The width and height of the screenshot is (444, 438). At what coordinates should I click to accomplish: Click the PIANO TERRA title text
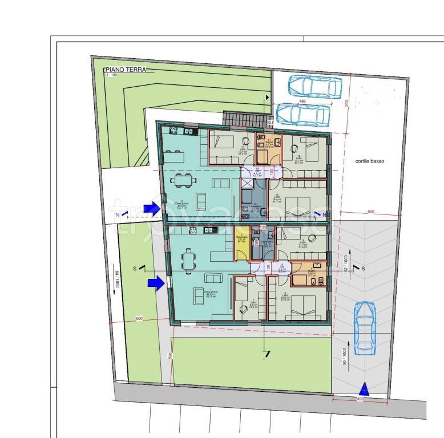(125, 70)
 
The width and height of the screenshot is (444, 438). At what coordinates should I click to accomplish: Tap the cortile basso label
(369, 161)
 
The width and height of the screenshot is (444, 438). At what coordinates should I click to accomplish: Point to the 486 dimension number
(302, 102)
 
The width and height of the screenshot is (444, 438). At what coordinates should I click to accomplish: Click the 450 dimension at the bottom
(361, 399)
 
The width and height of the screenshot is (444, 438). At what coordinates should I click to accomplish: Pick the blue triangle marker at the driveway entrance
(365, 390)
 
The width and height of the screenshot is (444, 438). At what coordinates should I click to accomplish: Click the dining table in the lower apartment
(188, 260)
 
